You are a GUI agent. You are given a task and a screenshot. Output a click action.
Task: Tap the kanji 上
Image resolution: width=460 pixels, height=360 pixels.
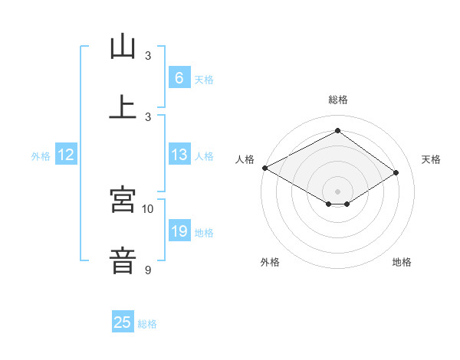tap(123, 106)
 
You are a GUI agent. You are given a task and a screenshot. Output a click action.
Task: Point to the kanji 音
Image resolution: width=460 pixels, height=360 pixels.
tap(123, 259)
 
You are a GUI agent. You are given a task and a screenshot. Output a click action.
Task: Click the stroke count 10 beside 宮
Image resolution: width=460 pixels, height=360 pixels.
tap(148, 208)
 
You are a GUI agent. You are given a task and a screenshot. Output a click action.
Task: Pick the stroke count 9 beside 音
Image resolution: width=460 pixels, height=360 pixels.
tap(148, 270)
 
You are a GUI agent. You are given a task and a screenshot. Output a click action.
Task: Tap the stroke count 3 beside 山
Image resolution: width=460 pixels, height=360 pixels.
tap(148, 56)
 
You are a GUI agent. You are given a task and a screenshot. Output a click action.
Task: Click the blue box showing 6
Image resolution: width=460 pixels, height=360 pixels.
tap(179, 78)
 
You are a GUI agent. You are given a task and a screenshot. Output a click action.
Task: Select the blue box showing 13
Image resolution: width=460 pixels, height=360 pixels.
tap(179, 155)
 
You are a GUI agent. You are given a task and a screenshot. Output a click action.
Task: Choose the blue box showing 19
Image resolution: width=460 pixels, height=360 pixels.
tap(179, 231)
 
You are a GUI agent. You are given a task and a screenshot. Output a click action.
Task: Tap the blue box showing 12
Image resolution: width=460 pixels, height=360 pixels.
tap(66, 155)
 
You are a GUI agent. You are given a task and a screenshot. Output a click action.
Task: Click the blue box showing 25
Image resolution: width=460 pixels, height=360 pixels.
tap(123, 322)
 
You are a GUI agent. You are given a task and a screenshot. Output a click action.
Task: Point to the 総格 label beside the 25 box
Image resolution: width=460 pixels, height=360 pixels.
tap(148, 324)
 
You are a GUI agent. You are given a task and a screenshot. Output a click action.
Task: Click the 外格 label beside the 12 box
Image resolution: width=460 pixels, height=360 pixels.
tap(41, 156)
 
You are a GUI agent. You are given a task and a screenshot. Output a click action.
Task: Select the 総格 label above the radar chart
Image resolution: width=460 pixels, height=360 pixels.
tap(338, 100)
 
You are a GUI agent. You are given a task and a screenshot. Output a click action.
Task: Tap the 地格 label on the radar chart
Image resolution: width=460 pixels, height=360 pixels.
tap(402, 263)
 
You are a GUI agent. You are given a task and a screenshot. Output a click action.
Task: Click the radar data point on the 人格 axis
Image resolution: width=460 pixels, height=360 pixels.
tap(264, 168)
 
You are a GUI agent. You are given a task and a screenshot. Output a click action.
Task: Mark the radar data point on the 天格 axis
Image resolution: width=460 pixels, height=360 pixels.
tap(396, 173)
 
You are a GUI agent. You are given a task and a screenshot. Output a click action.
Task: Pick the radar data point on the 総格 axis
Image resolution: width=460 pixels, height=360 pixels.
tap(337, 131)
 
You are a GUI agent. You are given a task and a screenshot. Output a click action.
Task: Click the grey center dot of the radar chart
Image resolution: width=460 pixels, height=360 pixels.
tap(337, 191)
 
